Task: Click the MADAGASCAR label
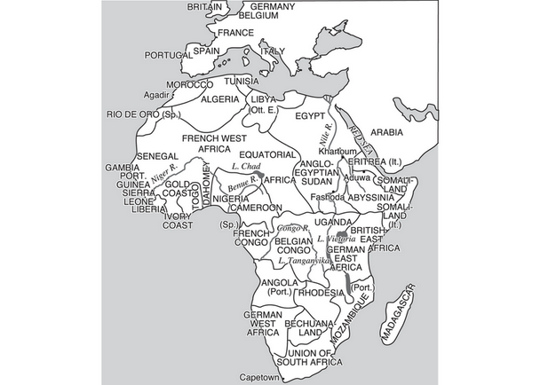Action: [x=399, y=316]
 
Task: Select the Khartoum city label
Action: [x=337, y=152]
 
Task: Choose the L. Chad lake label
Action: [x=243, y=166]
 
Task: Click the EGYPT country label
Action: [x=310, y=116]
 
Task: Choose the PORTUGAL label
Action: [x=169, y=53]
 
